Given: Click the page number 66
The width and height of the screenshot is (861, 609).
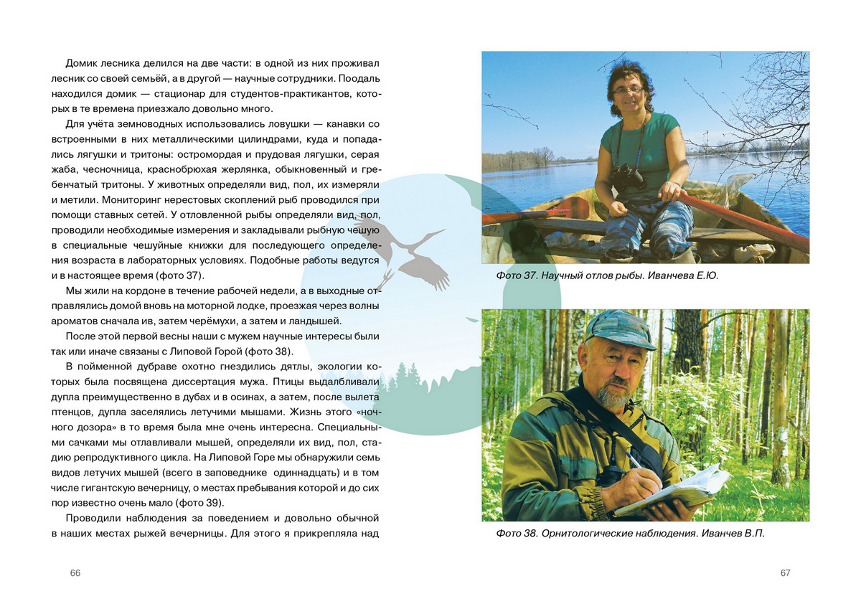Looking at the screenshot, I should pos(75,572).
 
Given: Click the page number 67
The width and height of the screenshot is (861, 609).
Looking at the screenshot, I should pos(785,572).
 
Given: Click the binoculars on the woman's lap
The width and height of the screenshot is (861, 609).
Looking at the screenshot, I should pos(629,176).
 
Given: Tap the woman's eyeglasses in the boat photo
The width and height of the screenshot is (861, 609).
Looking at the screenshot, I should pos(629,90).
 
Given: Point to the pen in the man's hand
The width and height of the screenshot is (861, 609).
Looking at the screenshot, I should pos(634,459).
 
